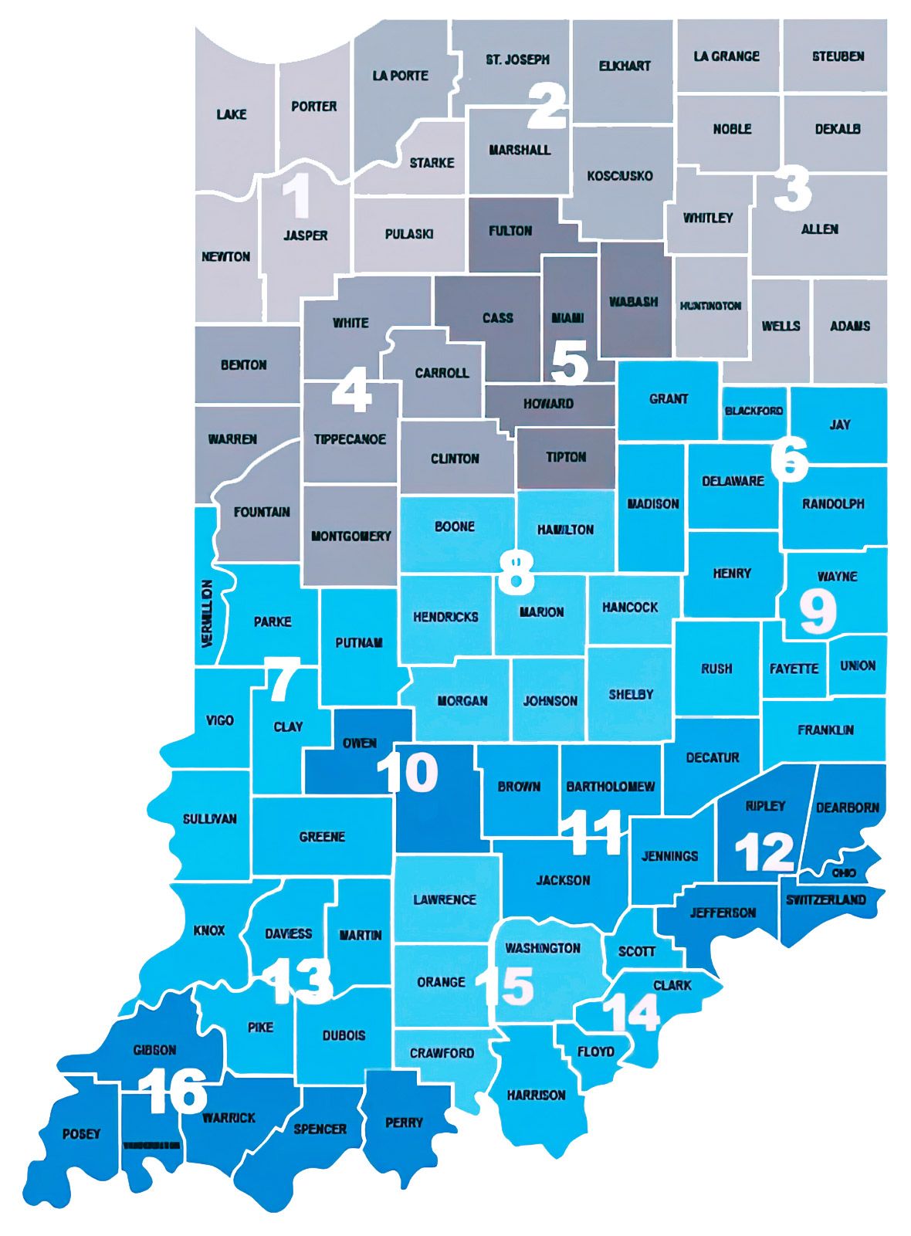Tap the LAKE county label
pyautogui.click(x=232, y=114)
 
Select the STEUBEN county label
pyautogui.click(x=838, y=56)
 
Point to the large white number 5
pyautogui.click(x=570, y=362)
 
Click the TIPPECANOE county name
pyautogui.click(x=350, y=439)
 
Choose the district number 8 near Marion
pyautogui.click(x=516, y=572)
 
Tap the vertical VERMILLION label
pyautogui.click(x=207, y=612)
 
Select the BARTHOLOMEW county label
pyautogui.click(x=610, y=787)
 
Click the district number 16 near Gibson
pyautogui.click(x=174, y=1091)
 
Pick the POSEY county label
pyautogui.click(x=81, y=1134)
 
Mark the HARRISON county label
pyautogui.click(x=536, y=1095)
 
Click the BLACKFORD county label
pyautogui.click(x=754, y=411)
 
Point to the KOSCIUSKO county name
pyautogui.click(x=620, y=176)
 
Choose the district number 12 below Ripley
pyautogui.click(x=764, y=851)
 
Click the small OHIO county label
pyautogui.click(x=844, y=872)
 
